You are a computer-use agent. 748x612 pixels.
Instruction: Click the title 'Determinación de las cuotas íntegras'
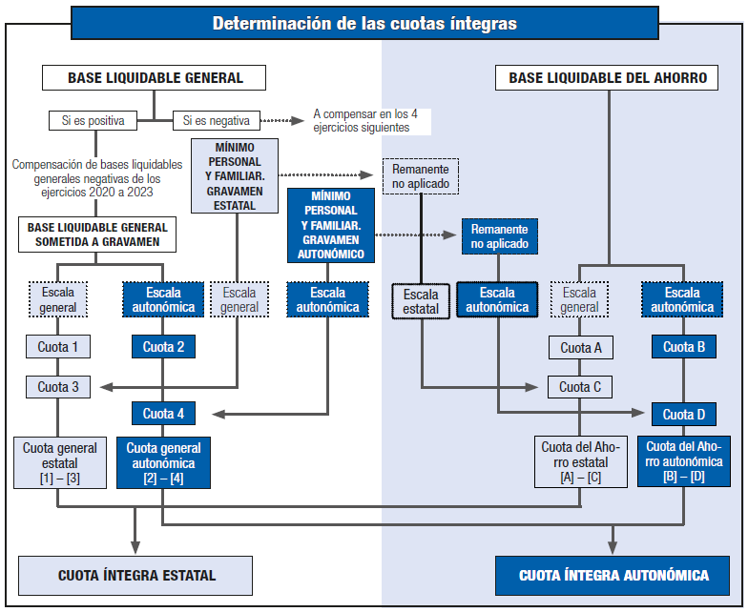364,23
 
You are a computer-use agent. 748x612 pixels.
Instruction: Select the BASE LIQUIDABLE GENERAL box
155,78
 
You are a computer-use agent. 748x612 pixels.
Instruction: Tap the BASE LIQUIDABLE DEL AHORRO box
608,78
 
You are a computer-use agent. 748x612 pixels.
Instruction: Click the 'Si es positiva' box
93,121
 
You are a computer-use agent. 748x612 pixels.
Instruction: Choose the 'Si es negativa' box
216,121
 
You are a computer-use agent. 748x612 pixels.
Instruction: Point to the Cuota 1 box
58,347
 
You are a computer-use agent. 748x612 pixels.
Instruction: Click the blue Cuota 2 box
163,347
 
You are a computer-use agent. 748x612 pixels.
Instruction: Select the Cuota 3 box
58,387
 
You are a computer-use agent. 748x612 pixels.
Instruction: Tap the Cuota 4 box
163,414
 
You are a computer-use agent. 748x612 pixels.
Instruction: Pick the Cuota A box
580,348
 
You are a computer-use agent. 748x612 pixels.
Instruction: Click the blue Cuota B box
683,348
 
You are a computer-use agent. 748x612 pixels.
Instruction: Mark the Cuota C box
580,387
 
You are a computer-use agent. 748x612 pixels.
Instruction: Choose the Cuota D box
683,415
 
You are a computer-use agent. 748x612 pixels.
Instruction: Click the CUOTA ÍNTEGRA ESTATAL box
136,576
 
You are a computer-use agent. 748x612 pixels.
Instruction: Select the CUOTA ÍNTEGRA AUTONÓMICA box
613,576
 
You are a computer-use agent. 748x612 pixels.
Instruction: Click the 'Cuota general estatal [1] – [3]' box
58,462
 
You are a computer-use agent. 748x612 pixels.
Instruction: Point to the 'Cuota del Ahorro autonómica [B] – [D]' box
683,461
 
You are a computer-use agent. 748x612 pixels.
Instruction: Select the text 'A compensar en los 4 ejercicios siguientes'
365,121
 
